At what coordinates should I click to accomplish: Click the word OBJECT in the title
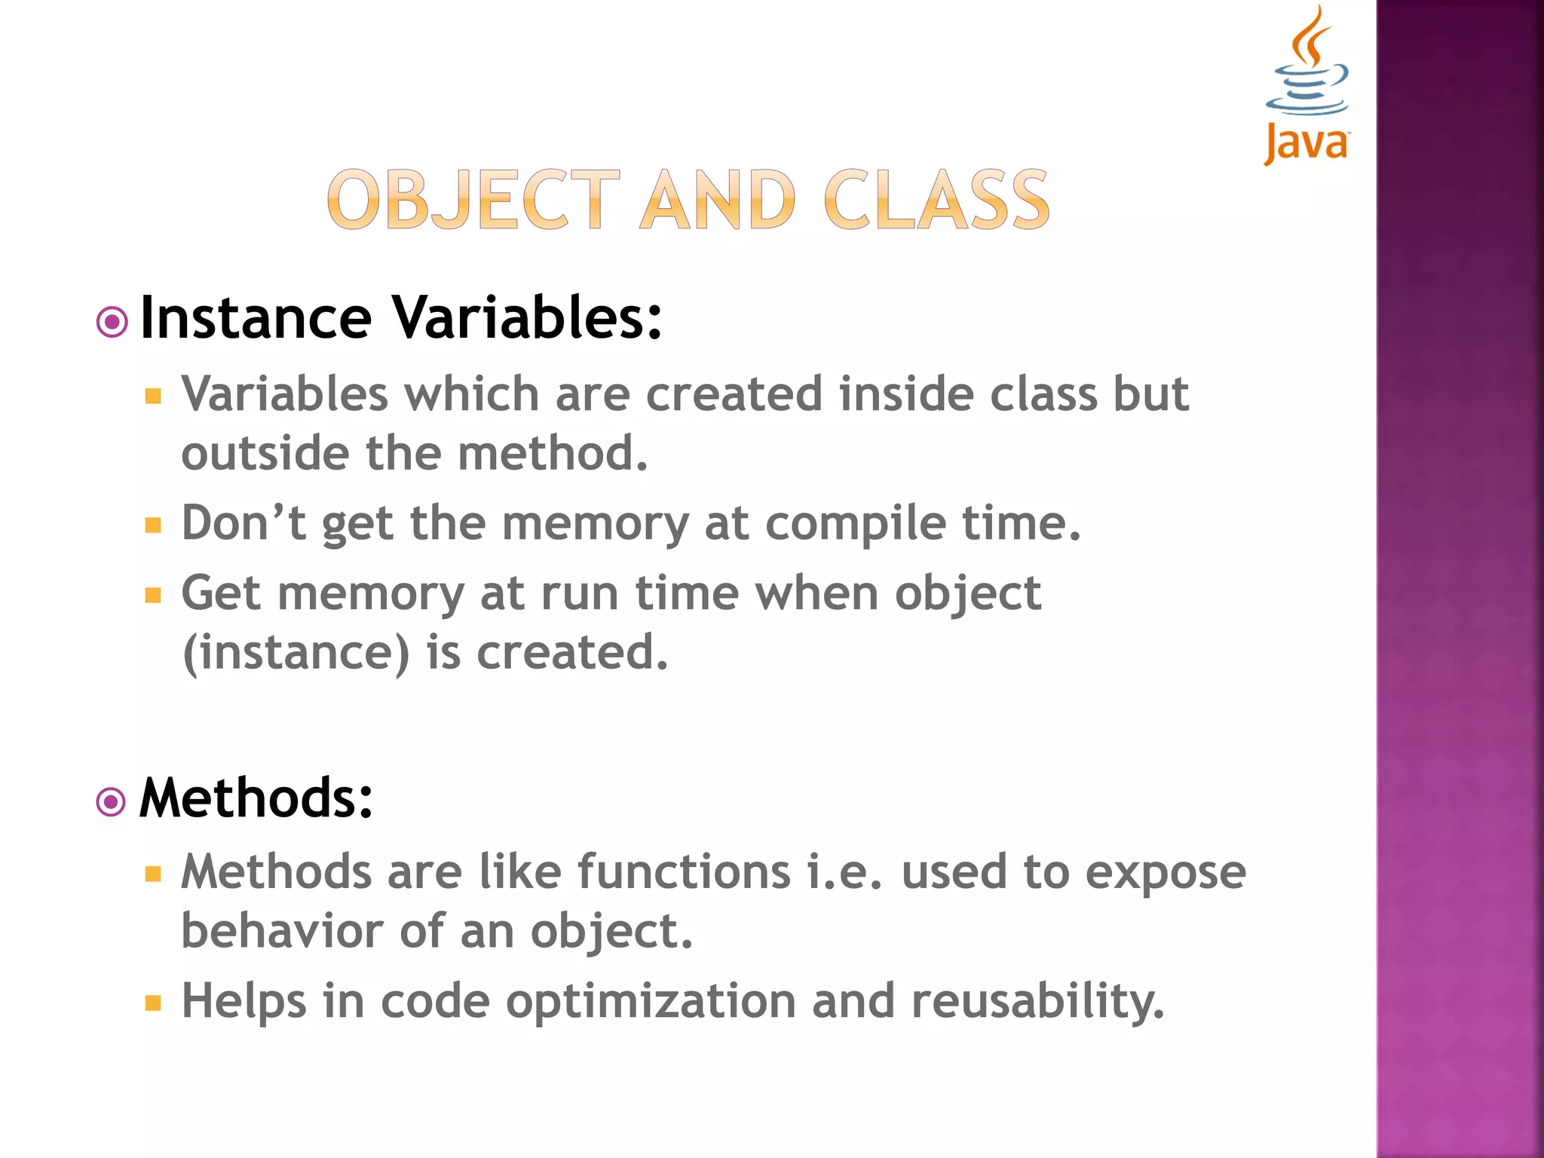coord(473,201)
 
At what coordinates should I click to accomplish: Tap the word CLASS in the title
coord(936,201)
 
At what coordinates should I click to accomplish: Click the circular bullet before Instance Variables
coord(112,323)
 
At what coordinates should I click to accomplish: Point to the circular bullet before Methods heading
coord(112,802)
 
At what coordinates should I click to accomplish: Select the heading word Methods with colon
coord(256,798)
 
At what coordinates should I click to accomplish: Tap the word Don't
coord(243,522)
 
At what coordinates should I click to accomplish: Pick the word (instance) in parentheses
coord(296,653)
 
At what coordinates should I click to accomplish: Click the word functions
coord(684,872)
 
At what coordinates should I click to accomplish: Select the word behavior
coord(282,931)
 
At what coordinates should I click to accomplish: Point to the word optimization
coord(651,1002)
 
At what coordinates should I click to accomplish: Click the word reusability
coord(1037,1002)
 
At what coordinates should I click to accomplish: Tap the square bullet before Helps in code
coord(154,1003)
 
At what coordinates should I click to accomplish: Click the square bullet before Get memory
coord(154,596)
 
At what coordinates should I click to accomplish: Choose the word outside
coord(265,454)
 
